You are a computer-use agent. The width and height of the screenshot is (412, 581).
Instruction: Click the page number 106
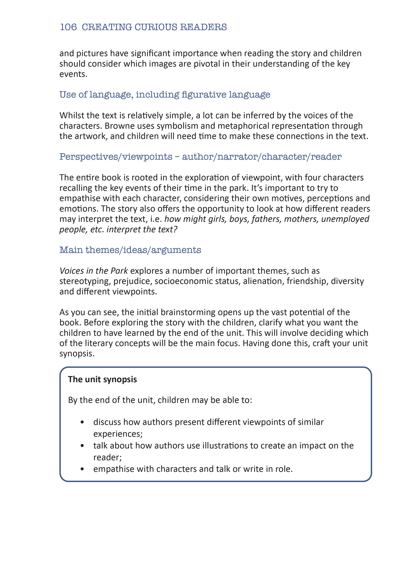click(68, 27)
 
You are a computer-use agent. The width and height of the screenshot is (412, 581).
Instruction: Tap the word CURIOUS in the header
click(156, 27)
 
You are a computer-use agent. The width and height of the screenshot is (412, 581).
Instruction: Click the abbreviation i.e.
click(155, 219)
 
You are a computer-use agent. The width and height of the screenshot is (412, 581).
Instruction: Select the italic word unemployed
click(345, 219)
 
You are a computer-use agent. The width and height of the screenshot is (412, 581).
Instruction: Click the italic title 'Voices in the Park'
click(94, 271)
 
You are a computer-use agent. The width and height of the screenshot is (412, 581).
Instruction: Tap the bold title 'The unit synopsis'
click(102, 379)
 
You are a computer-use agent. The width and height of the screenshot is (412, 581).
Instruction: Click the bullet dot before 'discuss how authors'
click(82, 422)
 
